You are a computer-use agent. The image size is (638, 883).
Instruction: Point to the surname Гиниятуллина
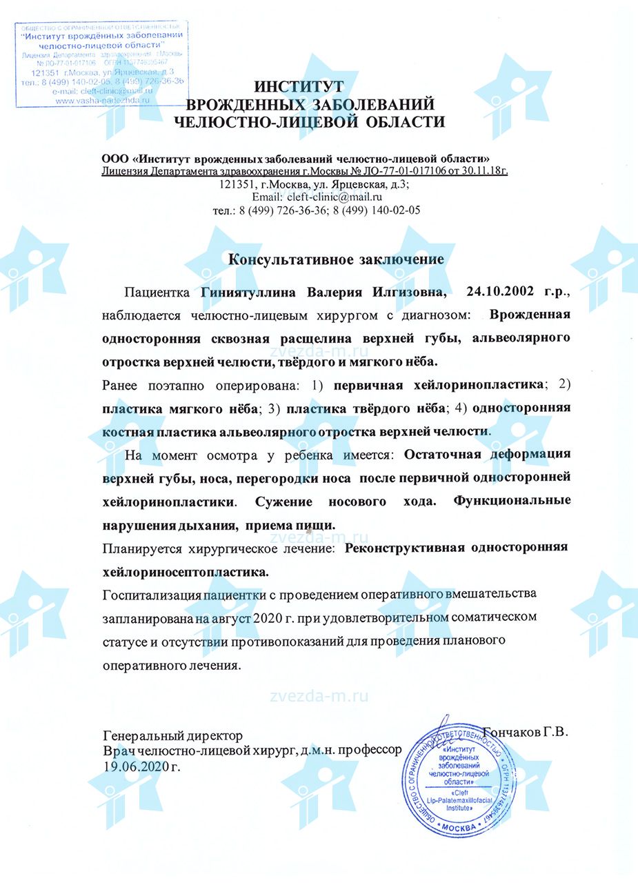pyautogui.click(x=248, y=292)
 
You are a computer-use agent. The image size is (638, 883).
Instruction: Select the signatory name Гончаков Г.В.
pyautogui.click(x=526, y=732)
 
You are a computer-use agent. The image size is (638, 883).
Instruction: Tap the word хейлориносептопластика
pyautogui.click(x=185, y=572)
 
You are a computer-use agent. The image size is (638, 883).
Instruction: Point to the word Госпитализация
pyautogui.click(x=152, y=594)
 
